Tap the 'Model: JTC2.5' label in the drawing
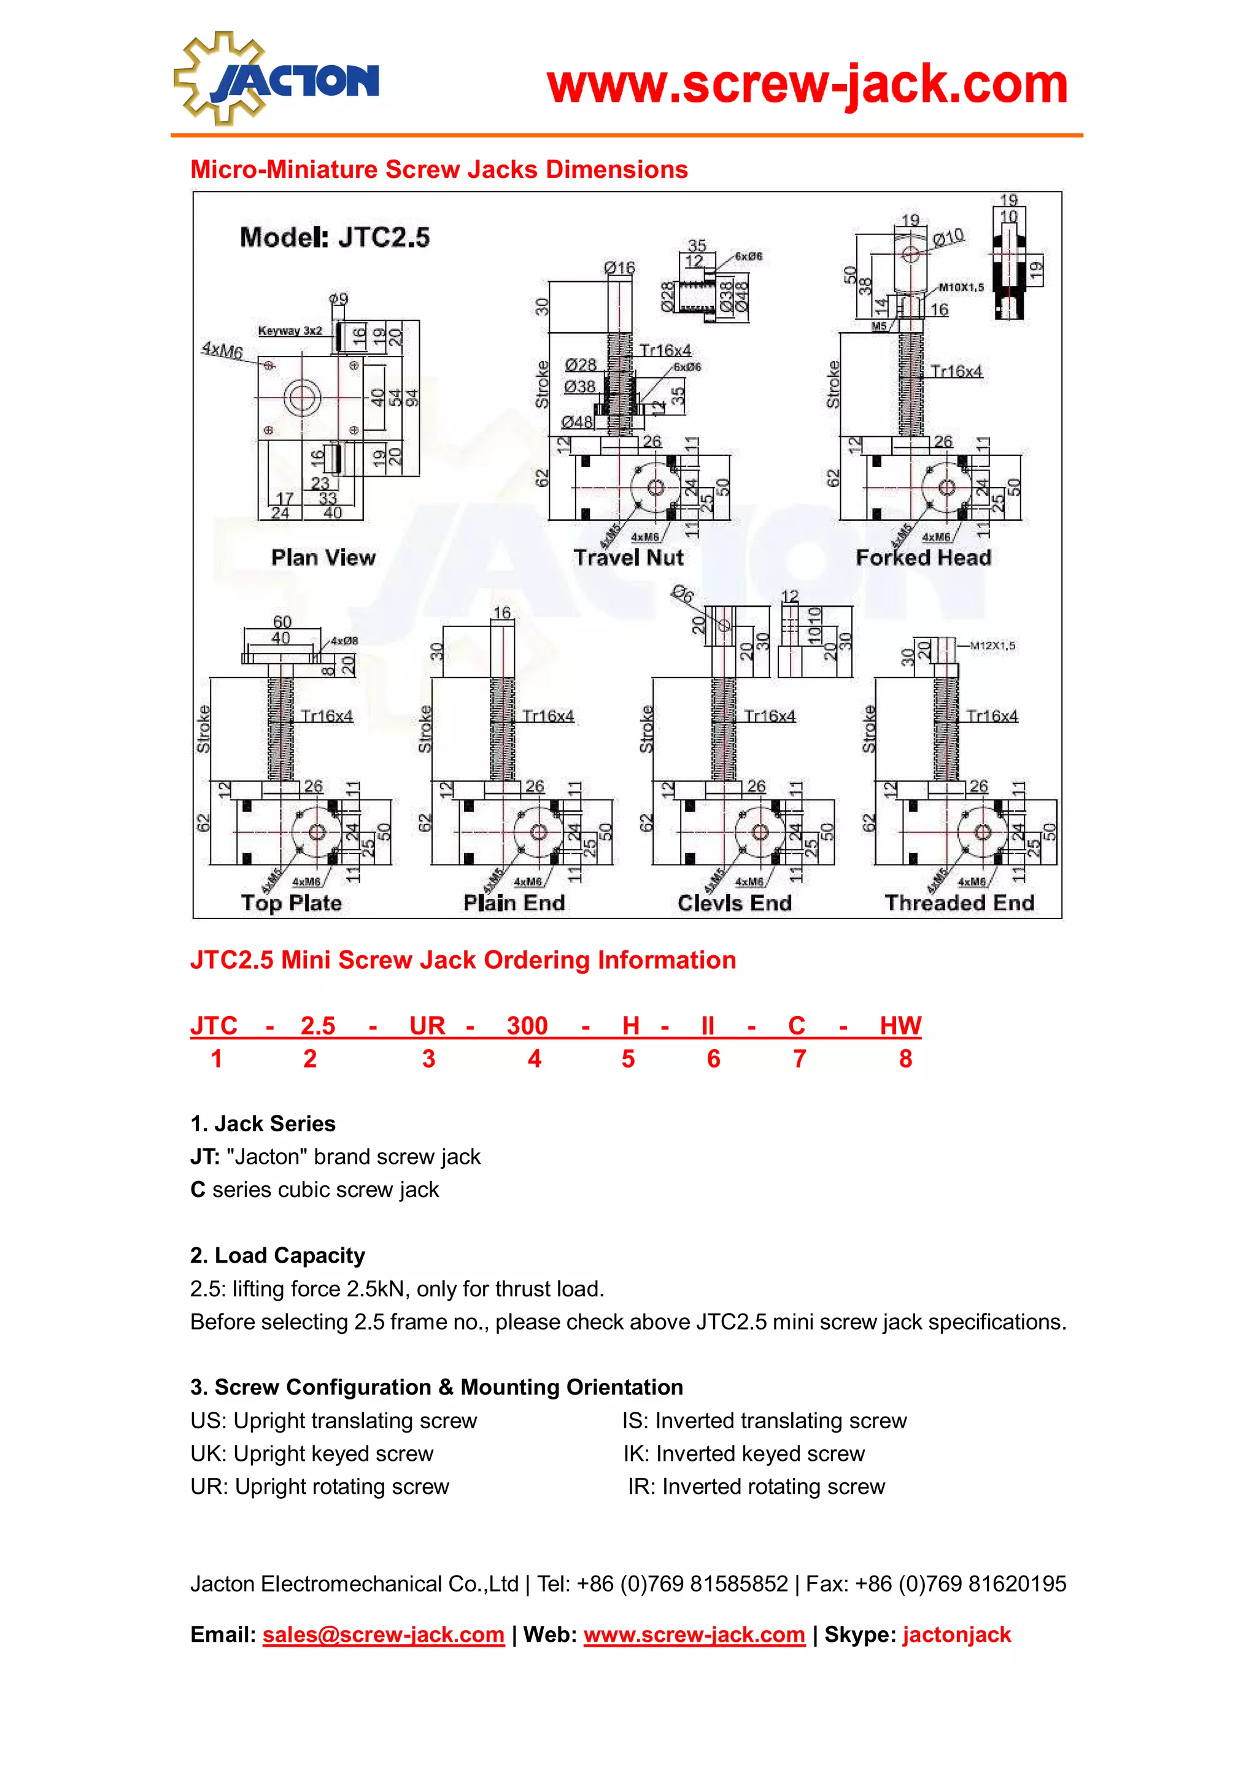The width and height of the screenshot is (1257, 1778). (x=335, y=237)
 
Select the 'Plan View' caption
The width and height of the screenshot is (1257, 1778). (x=323, y=558)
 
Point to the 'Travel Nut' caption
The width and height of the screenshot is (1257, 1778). (x=628, y=558)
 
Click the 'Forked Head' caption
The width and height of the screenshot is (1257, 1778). (x=923, y=558)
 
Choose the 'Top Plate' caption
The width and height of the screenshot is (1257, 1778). (x=291, y=903)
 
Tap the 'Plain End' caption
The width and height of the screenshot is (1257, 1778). (x=514, y=903)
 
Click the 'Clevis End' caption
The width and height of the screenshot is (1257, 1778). (x=734, y=903)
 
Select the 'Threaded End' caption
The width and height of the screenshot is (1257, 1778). (x=959, y=903)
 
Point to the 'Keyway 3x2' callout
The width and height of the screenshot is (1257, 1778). (x=290, y=331)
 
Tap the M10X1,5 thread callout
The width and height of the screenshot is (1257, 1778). (x=961, y=287)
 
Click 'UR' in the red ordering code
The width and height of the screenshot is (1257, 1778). (x=427, y=1025)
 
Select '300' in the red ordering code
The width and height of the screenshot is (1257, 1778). (x=527, y=1025)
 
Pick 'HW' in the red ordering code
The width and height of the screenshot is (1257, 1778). (x=900, y=1025)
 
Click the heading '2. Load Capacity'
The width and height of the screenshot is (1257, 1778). (x=277, y=1255)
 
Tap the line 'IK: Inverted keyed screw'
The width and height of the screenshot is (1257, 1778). (x=743, y=1453)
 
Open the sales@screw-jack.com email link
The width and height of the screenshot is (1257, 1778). (x=384, y=1634)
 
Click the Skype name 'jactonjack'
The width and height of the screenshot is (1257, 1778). (x=956, y=1634)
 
